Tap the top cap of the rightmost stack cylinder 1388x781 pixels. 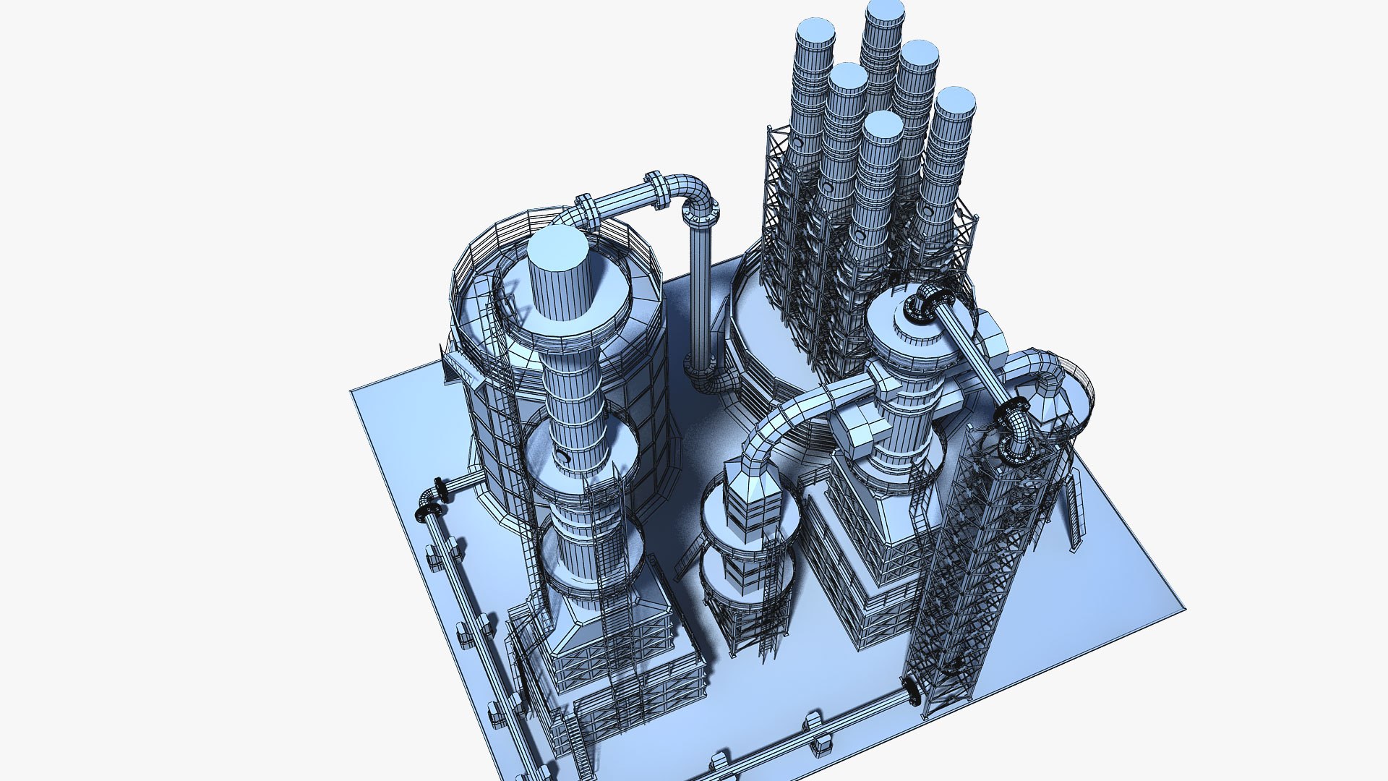955,101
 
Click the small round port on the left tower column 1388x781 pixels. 562,456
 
